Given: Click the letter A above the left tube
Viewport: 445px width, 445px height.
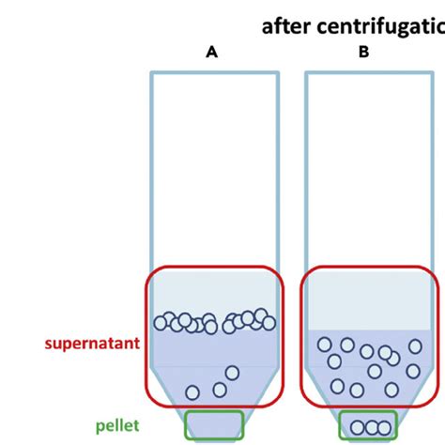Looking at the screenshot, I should click(x=213, y=53).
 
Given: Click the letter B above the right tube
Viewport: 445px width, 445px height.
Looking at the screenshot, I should click(x=363, y=53).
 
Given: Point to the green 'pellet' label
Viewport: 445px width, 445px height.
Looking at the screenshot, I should click(x=116, y=425).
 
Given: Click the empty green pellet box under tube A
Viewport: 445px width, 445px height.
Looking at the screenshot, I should click(x=214, y=424).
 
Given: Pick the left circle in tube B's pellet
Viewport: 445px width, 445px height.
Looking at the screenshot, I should click(x=357, y=428).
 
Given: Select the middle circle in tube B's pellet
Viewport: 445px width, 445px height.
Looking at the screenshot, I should click(x=370, y=428).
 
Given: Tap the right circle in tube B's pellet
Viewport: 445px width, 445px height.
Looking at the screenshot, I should click(x=383, y=428).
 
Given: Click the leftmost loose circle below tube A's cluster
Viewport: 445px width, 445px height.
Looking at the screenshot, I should click(x=192, y=392).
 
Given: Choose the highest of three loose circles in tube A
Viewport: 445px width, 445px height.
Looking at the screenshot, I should click(x=232, y=374).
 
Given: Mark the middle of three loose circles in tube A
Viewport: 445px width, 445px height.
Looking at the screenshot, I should click(x=220, y=389).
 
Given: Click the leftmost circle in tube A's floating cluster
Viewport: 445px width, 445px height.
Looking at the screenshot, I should click(x=161, y=323).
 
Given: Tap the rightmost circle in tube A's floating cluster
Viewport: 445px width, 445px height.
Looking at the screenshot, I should click(x=269, y=323).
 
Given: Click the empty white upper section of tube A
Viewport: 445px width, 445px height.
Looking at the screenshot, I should click(x=214, y=169).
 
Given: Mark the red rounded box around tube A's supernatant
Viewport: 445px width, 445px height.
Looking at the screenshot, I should click(x=146, y=338).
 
